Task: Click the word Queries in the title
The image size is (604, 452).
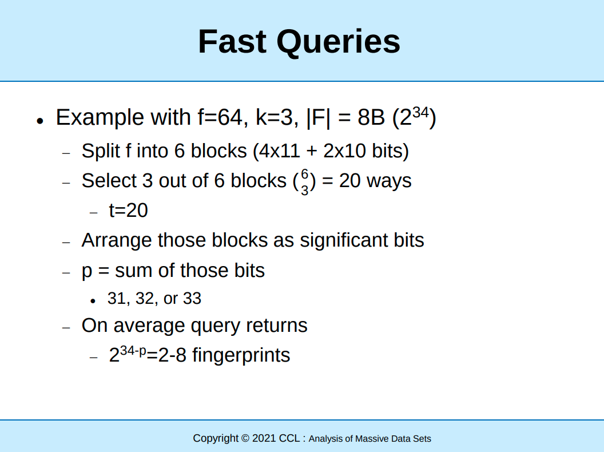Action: coord(339,42)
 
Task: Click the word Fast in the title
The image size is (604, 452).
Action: coord(232,41)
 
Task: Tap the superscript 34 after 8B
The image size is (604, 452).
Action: coord(420,113)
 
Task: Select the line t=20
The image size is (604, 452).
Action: coord(128,211)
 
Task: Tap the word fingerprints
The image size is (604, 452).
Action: coord(241,355)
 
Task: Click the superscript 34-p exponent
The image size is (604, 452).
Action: coord(133,351)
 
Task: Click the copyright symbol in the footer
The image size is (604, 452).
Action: coord(245,438)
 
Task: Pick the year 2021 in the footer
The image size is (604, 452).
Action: coord(264,438)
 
